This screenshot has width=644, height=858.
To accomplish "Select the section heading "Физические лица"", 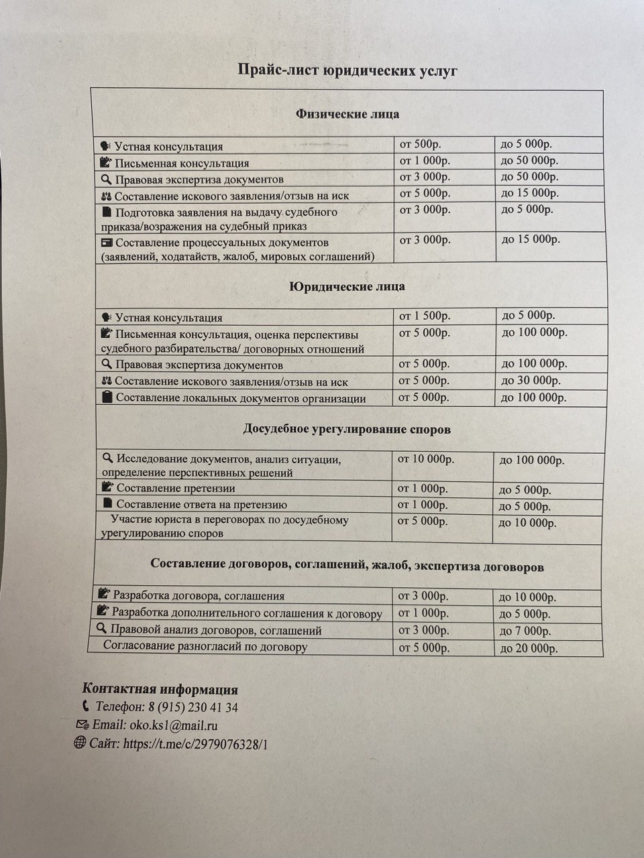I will pyautogui.click(x=347, y=114).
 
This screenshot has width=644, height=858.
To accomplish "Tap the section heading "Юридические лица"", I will pyautogui.click(x=347, y=287).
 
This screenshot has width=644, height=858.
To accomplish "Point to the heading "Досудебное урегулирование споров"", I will pyautogui.click(x=346, y=429).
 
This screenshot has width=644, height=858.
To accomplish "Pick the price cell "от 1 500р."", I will pyautogui.click(x=425, y=316).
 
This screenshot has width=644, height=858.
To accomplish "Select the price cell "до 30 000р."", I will pyautogui.click(x=531, y=380).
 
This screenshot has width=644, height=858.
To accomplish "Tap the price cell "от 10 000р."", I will pyautogui.click(x=426, y=459).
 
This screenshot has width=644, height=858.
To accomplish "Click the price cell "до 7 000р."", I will pyautogui.click(x=525, y=631).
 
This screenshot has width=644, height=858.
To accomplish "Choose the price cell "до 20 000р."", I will pyautogui.click(x=529, y=648).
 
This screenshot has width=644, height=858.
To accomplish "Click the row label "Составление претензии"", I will pyautogui.click(x=175, y=488).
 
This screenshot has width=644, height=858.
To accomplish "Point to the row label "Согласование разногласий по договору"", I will pyautogui.click(x=205, y=647).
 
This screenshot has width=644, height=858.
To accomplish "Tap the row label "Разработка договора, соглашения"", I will pyautogui.click(x=199, y=595).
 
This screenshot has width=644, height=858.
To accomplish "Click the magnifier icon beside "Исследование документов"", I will pyautogui.click(x=107, y=458).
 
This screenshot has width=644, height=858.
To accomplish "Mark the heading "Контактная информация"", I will pyautogui.click(x=160, y=689).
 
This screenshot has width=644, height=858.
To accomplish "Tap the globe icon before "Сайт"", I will pyautogui.click(x=79, y=742).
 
